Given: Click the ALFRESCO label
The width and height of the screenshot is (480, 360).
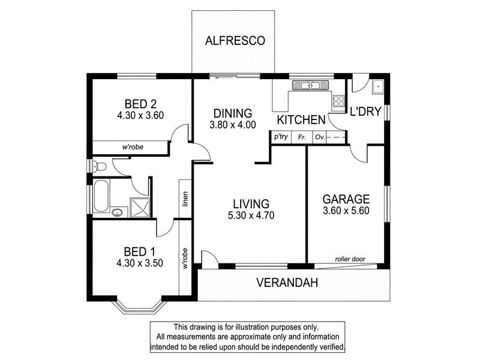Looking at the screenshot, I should click(231, 41).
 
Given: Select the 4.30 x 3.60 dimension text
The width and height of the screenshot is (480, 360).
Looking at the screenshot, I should click(141, 115).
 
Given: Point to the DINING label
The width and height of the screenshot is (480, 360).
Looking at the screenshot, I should click(233, 113).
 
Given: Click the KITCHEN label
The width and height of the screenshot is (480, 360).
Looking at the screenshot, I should click(301, 120).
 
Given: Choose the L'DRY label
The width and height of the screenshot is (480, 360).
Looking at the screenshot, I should click(366, 112).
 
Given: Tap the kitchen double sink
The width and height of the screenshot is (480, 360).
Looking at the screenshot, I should click(309, 85).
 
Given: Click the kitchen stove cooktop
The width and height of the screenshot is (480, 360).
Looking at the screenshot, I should click(339, 100).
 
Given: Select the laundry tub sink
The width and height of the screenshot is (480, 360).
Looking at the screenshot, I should click(378, 86).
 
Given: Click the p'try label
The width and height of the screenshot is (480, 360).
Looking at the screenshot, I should click(281, 137).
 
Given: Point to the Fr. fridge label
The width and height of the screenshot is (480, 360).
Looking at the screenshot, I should click(302, 137).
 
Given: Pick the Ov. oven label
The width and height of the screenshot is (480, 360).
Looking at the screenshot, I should click(320, 137).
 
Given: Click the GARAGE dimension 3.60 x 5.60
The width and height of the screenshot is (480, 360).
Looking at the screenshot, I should click(346, 212).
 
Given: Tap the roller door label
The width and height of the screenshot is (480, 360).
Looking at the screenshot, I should click(350, 259).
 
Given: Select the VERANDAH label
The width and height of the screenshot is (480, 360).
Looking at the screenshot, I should click(287, 283).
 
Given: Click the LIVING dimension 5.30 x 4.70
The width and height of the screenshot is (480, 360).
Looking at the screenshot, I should click(251, 217).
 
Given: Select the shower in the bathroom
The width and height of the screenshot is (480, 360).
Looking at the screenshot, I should click(141, 206).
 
